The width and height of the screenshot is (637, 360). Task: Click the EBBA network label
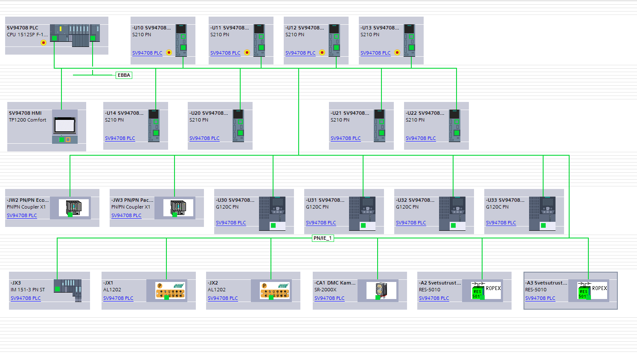tap(124, 75)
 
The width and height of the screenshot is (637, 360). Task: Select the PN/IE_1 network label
tap(323, 238)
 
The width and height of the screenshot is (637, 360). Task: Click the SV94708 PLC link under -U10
tap(147, 53)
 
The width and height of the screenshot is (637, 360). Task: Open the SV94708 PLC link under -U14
tap(120, 138)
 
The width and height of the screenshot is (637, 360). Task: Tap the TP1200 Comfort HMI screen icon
tap(65, 125)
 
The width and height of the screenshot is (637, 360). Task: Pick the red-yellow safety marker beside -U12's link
tap(322, 52)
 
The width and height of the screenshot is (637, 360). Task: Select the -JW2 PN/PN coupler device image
tap(73, 208)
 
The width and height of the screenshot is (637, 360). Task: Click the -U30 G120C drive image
tap(272, 213)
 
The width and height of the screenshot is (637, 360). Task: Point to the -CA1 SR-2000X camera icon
tap(381, 290)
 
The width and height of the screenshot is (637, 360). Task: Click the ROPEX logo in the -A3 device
tap(599, 288)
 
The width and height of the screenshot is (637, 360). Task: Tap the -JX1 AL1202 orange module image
tap(170, 290)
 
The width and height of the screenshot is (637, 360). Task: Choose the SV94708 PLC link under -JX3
tap(26, 298)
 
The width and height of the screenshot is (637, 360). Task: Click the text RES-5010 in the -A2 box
tap(430, 290)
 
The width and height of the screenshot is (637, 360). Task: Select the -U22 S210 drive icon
tap(454, 125)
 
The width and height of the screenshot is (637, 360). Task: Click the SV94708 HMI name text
tap(25, 113)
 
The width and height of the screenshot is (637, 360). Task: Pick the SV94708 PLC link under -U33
tap(501, 223)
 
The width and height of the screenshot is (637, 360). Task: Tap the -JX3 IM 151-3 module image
tap(67, 290)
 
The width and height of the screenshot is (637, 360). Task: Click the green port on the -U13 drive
tap(411, 47)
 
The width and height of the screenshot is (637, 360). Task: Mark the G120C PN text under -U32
tap(407, 207)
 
